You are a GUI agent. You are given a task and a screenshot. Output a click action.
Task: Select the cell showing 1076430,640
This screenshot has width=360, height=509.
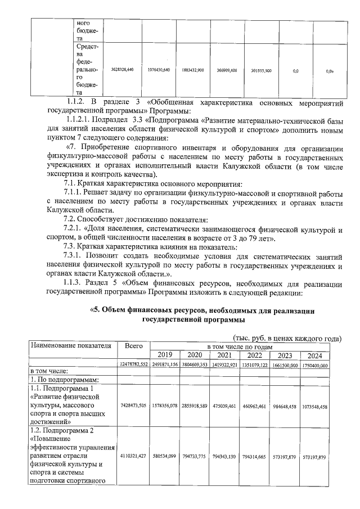[x=159, y=71]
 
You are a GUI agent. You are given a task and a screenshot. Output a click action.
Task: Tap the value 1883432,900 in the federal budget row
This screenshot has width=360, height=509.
[x=193, y=71]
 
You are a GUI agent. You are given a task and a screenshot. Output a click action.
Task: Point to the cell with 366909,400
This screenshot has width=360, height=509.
[x=227, y=71]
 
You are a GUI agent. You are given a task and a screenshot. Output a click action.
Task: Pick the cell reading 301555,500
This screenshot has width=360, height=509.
[x=261, y=71]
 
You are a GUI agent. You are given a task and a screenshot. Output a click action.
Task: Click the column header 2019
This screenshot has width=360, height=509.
[x=165, y=355]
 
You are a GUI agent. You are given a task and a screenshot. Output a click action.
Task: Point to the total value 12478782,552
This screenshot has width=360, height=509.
[x=133, y=364]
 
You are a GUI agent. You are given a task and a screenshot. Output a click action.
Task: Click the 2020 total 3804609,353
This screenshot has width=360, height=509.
[x=194, y=364]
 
